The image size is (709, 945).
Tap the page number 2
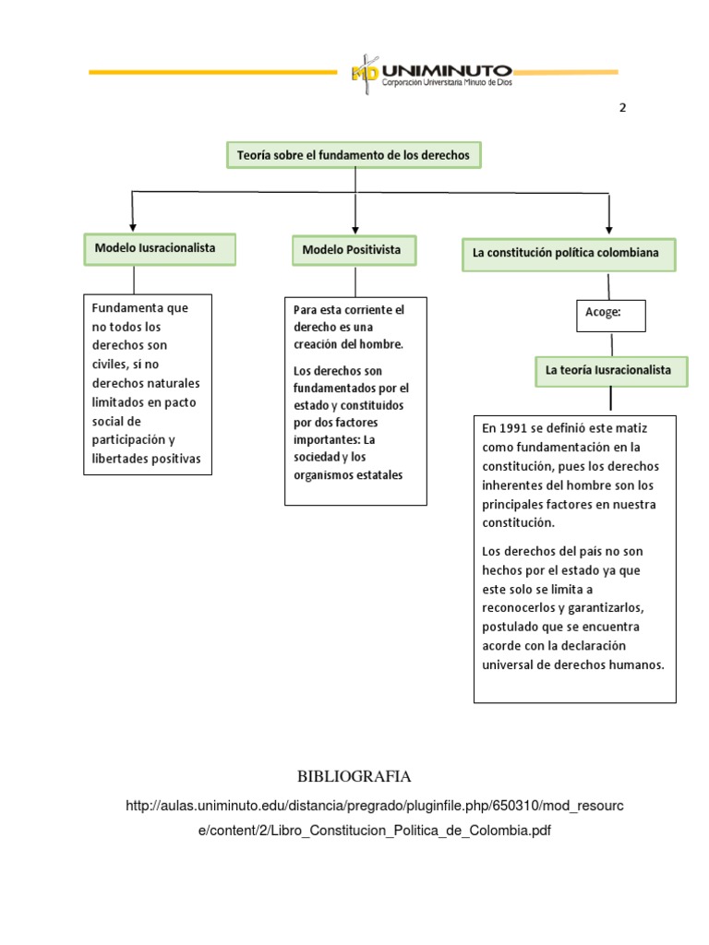[622, 107]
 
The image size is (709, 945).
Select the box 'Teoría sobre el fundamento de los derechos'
[354, 155]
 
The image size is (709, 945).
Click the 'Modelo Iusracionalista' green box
[161, 248]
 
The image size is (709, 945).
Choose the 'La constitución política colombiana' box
[568, 253]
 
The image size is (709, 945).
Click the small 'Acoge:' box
[609, 314]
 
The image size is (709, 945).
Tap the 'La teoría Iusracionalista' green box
[610, 370]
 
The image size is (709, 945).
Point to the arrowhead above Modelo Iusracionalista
[134, 225]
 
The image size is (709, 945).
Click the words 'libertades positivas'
[146, 459]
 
